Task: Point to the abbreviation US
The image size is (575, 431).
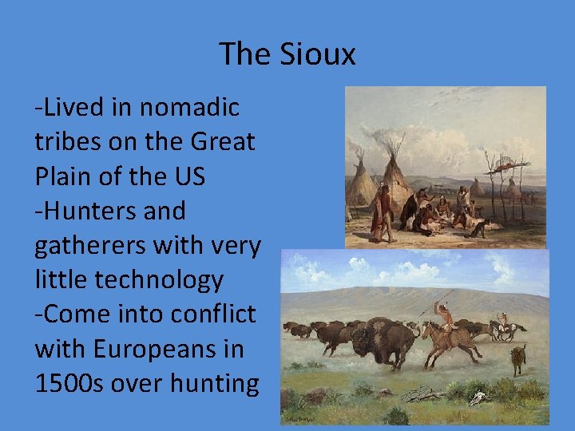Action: click(x=188, y=176)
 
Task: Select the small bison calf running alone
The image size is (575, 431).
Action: click(x=518, y=360)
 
